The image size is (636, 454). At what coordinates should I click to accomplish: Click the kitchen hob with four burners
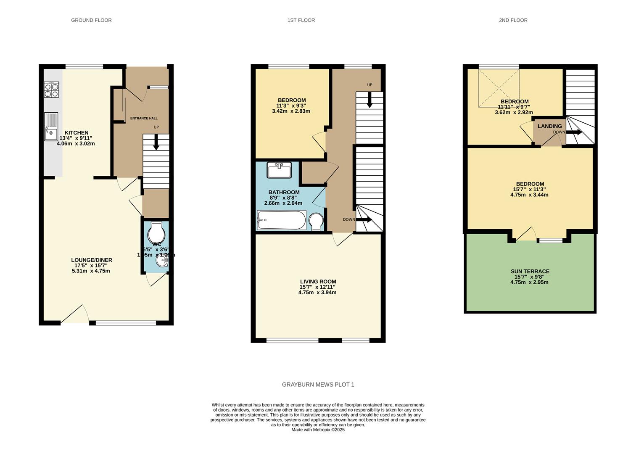click(51, 90)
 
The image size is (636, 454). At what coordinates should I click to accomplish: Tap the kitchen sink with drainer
click(51, 127)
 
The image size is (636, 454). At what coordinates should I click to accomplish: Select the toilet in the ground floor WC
click(156, 230)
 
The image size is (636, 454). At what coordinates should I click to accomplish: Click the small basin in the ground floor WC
click(162, 261)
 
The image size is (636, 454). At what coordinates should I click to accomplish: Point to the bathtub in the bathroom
click(282, 220)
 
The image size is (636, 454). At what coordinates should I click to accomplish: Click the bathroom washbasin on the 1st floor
click(279, 170)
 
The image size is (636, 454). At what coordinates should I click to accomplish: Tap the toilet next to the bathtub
click(316, 221)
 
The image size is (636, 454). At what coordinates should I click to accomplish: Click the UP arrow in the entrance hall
click(156, 142)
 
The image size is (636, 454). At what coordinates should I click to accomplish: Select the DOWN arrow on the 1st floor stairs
click(364, 219)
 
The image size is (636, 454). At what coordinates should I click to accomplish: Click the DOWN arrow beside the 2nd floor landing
click(574, 132)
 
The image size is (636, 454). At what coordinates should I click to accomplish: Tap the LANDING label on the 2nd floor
click(549, 126)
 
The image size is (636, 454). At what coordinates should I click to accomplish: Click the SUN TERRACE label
click(530, 272)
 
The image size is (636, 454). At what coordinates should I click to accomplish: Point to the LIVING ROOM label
click(318, 282)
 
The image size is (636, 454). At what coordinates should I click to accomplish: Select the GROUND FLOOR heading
click(91, 20)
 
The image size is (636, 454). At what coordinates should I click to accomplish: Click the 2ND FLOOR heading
click(513, 20)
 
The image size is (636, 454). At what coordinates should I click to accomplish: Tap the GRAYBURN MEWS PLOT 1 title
click(318, 385)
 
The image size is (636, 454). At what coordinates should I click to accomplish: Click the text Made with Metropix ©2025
click(318, 430)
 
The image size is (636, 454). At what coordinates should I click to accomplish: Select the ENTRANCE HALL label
click(144, 119)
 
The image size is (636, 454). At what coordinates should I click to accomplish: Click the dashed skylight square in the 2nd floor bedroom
click(499, 88)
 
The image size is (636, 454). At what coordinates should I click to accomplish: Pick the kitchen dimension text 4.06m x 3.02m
click(76, 144)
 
